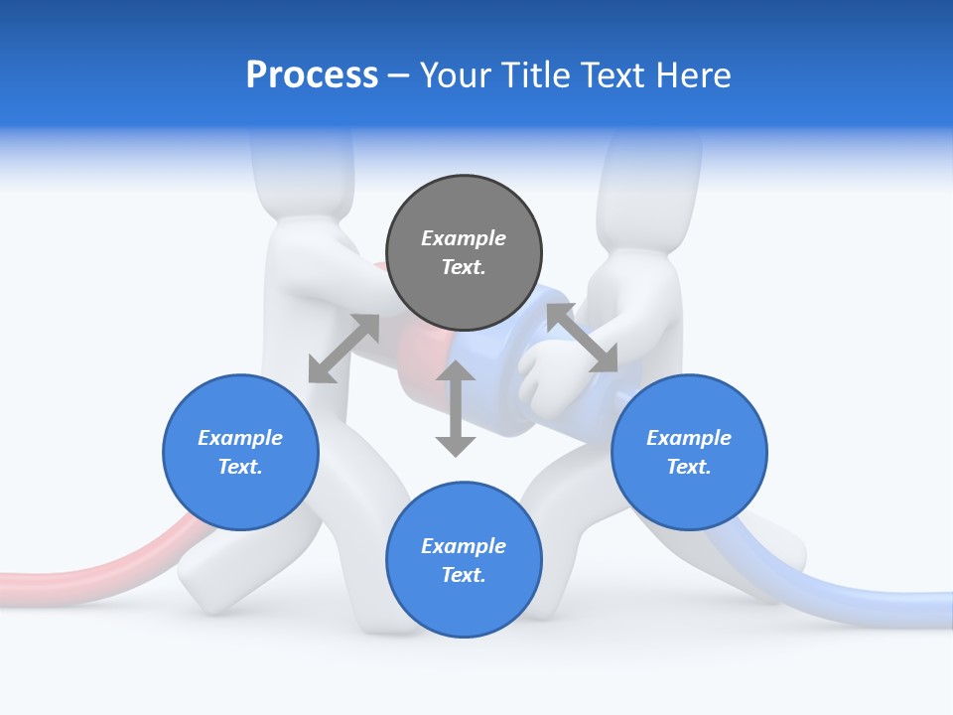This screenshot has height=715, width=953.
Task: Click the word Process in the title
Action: click(312, 75)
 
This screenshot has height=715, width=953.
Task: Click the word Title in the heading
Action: click(533, 75)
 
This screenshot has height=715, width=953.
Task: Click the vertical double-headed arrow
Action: click(456, 408)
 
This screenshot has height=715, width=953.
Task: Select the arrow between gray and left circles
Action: click(343, 348)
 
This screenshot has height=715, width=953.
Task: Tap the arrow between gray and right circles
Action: click(582, 338)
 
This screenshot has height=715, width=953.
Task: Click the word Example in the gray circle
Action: click(464, 238)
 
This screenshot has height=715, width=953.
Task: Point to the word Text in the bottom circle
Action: click(464, 575)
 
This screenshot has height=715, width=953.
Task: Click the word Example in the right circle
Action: click(689, 438)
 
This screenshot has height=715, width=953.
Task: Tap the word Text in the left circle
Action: click(240, 467)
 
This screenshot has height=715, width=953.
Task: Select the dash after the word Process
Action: click(399, 75)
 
